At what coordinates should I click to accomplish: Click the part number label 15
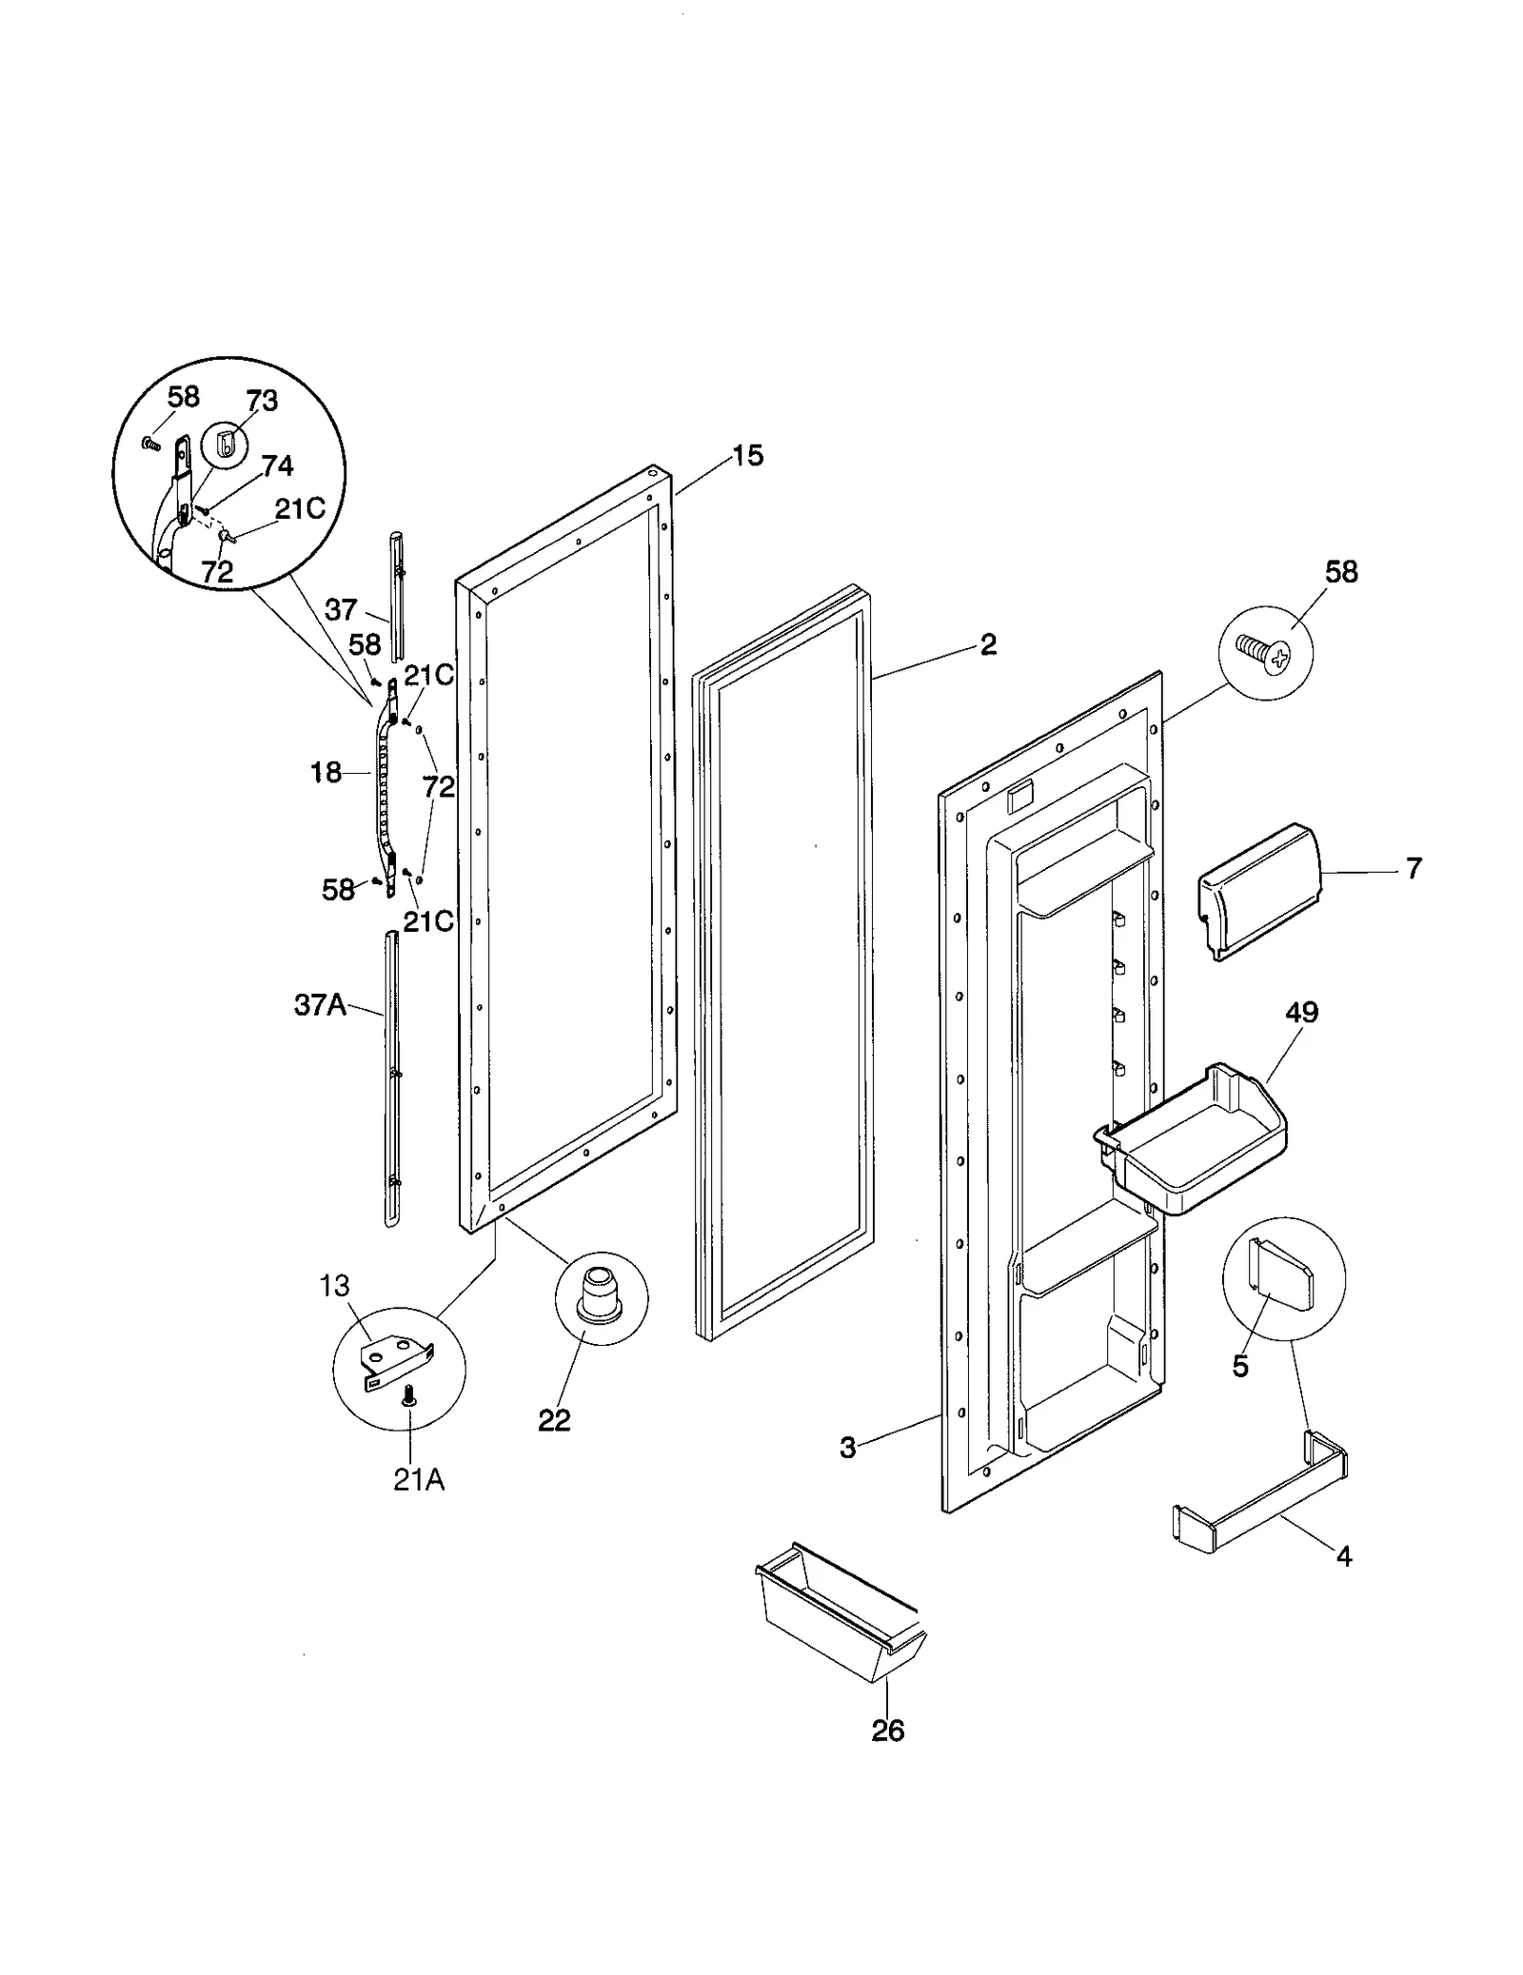pos(748,456)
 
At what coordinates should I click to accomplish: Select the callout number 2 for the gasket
pos(988,644)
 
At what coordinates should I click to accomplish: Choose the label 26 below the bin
pos(887,1730)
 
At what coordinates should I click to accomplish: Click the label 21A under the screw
pos(419,1480)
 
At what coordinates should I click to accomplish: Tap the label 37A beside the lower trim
pos(320,1005)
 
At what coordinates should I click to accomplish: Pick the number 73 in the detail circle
pos(262,401)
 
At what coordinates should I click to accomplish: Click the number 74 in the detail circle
pos(277,465)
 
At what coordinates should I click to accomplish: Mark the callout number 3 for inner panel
pos(847,1448)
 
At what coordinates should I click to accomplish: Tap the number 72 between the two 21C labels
pos(439,786)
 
